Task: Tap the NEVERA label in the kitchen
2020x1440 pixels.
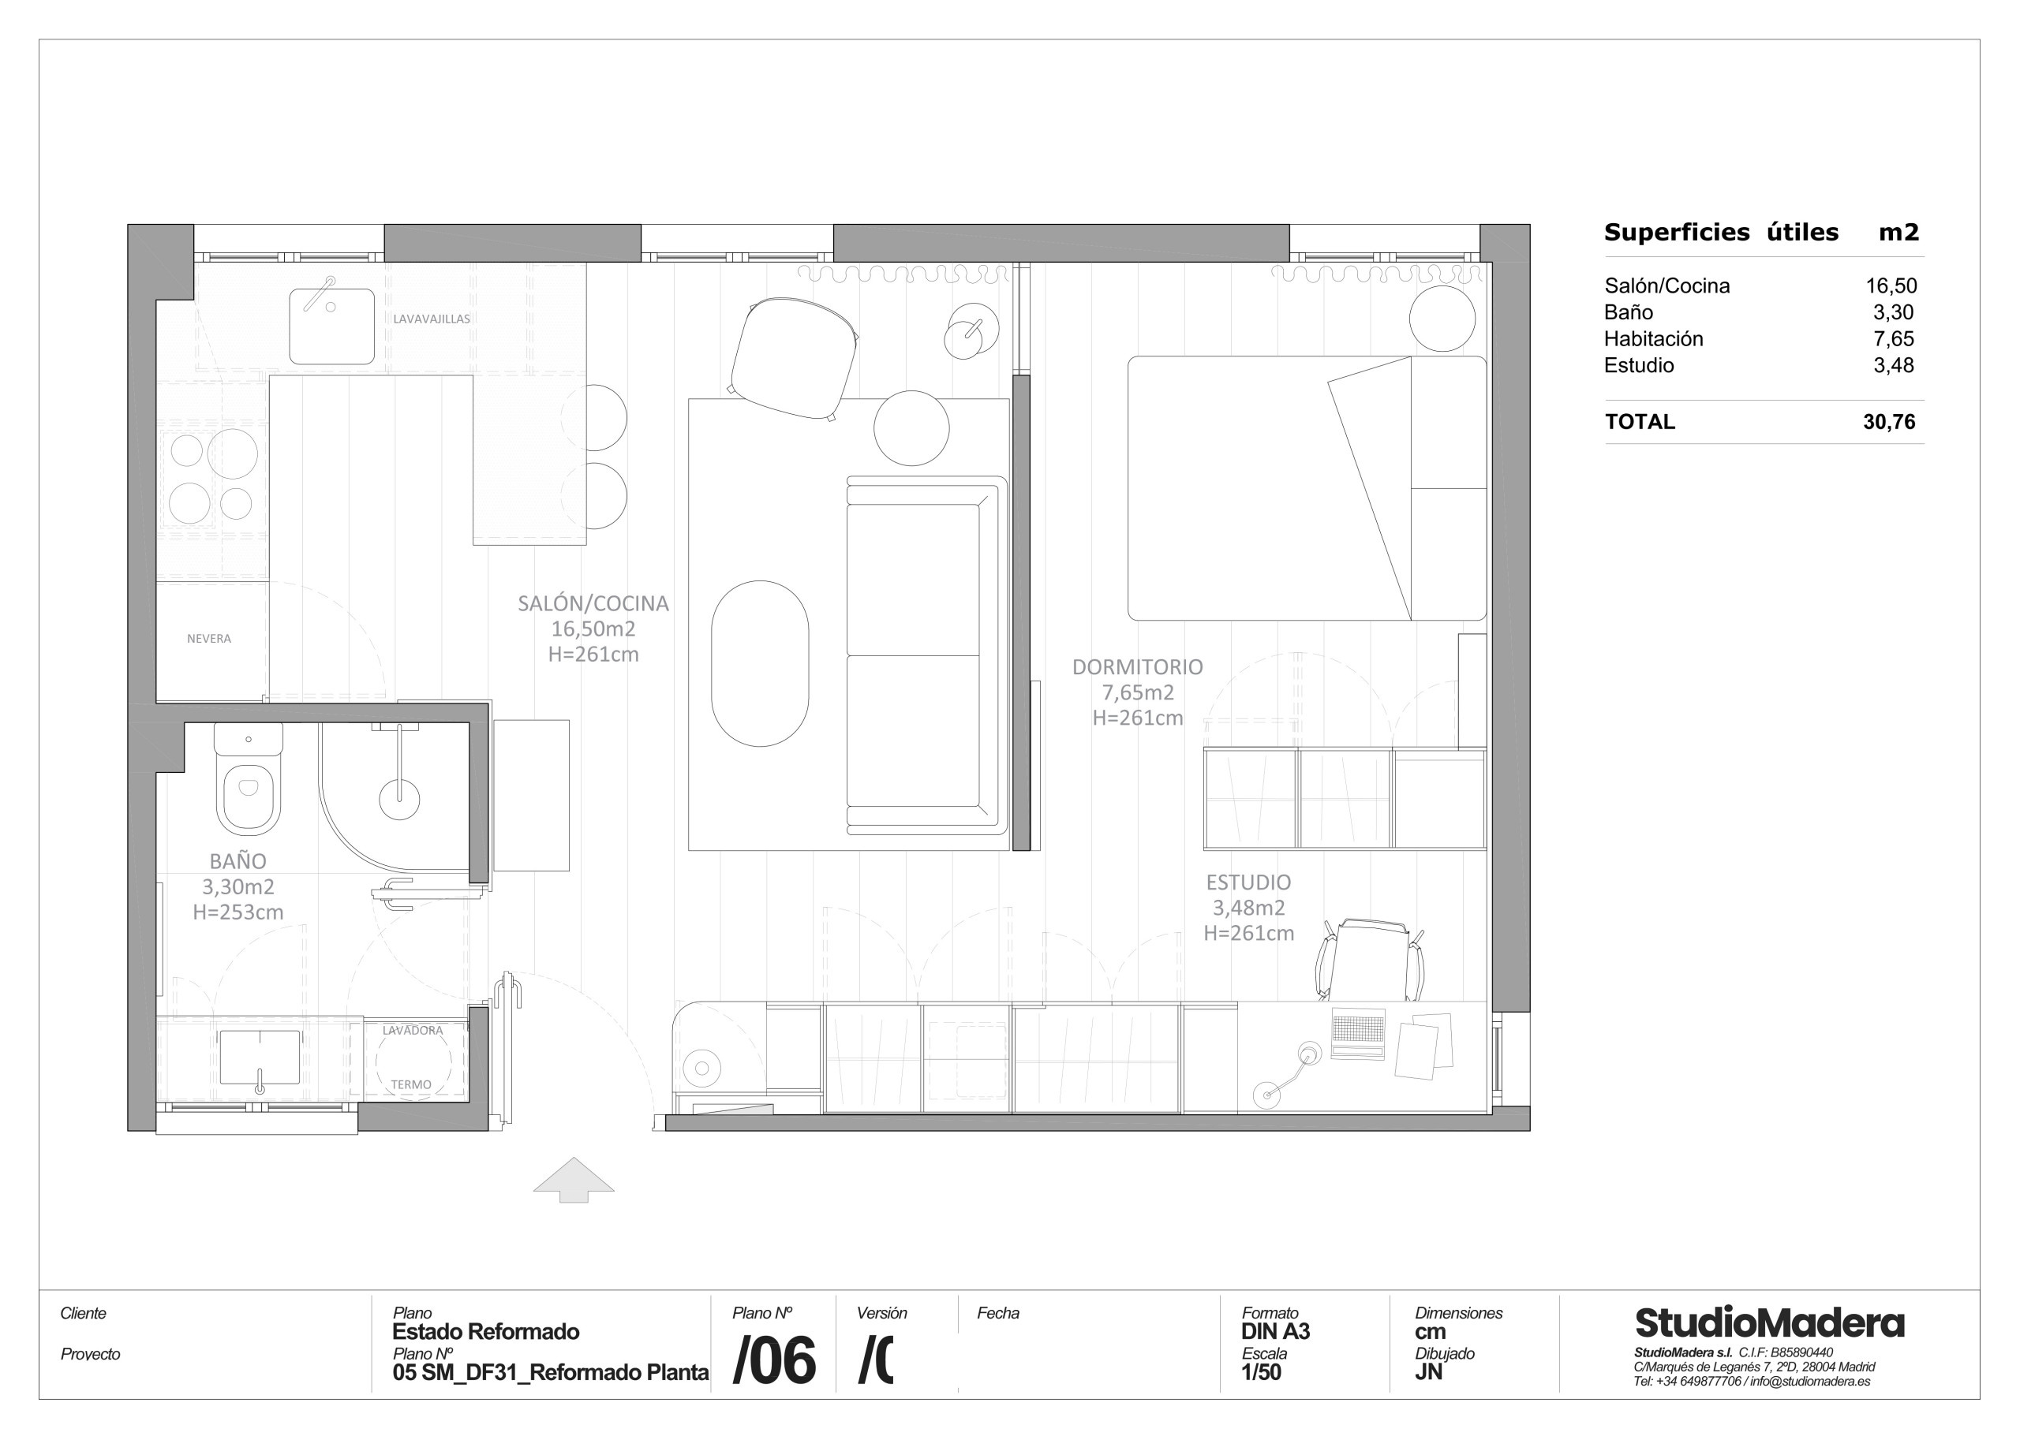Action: [208, 639]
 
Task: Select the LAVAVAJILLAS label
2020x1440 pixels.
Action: [431, 319]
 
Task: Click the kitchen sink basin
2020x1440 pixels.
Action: [331, 326]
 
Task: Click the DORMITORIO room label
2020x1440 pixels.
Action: [1137, 667]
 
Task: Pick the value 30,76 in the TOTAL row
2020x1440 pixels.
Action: [1889, 422]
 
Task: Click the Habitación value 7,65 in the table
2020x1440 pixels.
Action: [1893, 339]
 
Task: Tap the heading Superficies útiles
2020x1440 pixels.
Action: [1720, 233]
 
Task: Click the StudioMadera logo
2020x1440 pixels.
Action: [1769, 1323]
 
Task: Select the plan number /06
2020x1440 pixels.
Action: [773, 1361]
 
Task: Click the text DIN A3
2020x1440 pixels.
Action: [1275, 1331]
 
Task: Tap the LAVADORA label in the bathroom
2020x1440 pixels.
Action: [413, 1031]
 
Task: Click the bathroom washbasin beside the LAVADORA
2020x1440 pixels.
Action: [259, 1057]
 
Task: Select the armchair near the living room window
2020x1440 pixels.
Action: [792, 357]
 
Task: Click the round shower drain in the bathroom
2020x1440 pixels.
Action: [399, 799]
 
